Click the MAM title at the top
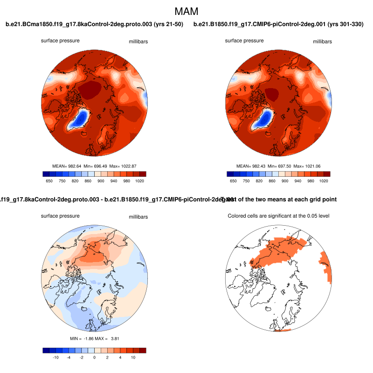coord(186,11)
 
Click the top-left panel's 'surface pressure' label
coord(60,41)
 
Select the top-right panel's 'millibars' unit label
coord(322,41)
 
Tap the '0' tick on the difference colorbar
coord(94,357)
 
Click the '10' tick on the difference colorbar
coord(133,357)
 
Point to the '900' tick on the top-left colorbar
coord(100,181)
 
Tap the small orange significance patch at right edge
coord(326,266)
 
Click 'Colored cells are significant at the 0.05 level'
coord(278,216)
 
